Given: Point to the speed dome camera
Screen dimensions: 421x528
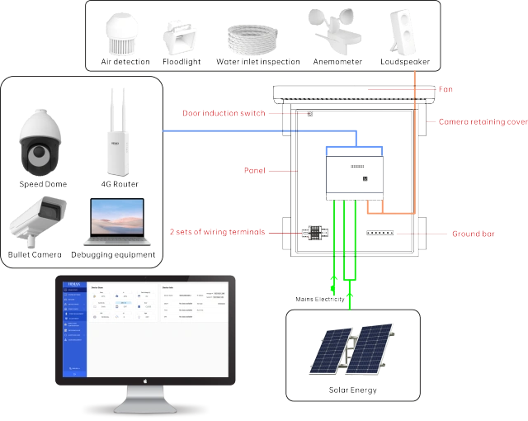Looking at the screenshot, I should point(42,142).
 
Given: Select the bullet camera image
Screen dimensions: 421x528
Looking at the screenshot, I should point(36,220).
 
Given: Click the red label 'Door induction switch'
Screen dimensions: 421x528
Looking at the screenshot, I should point(224,113).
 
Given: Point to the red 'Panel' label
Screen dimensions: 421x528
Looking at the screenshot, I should point(256,170).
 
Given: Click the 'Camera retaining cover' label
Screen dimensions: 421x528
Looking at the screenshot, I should point(483,121).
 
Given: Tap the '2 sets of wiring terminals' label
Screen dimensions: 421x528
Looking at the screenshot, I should point(217,232).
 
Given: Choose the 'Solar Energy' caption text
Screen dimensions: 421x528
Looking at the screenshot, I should point(352,389).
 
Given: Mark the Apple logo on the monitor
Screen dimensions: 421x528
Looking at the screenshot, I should point(145,381).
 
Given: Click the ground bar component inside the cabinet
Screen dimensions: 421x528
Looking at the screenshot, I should point(379,234).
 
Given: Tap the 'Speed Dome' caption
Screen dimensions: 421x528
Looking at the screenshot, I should point(43,183).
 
